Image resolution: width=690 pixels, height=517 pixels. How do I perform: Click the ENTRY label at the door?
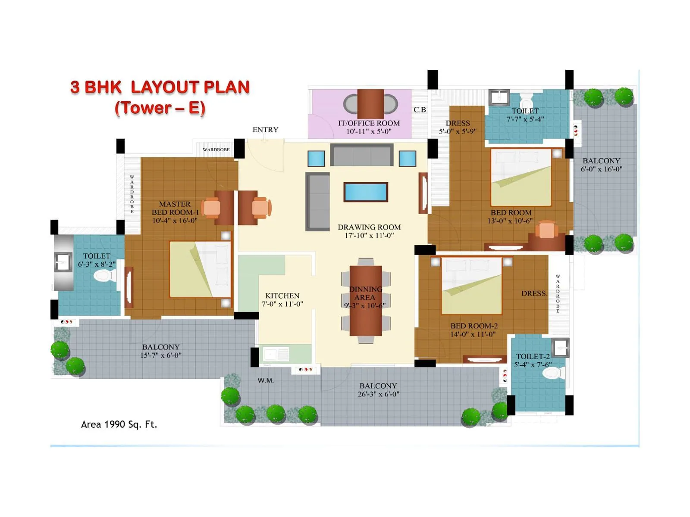265,130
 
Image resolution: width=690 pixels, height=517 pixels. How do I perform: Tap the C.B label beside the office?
420,110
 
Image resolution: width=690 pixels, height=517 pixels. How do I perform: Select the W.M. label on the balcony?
266,380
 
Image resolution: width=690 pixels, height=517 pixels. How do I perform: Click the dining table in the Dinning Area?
366,300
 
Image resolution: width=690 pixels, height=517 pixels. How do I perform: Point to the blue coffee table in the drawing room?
366,192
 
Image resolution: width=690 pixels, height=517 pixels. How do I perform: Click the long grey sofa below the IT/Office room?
362,155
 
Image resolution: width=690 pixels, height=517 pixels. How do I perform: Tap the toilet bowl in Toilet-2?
553,373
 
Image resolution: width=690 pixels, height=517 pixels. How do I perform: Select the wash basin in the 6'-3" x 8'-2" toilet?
63,262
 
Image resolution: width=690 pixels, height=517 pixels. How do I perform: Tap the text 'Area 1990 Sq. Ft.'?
119,424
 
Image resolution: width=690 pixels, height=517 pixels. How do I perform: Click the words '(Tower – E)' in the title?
160,108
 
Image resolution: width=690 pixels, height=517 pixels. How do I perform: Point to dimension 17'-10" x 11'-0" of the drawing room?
369,235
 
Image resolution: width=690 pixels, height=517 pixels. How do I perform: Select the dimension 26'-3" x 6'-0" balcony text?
378,394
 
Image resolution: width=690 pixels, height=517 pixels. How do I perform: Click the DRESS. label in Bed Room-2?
534,293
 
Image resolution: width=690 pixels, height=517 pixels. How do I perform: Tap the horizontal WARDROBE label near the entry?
216,149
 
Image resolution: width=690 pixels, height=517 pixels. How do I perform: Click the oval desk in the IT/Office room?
370,104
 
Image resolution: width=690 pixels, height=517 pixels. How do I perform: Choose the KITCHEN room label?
282,296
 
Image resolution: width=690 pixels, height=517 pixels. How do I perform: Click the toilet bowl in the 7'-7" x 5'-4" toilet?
527,102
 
